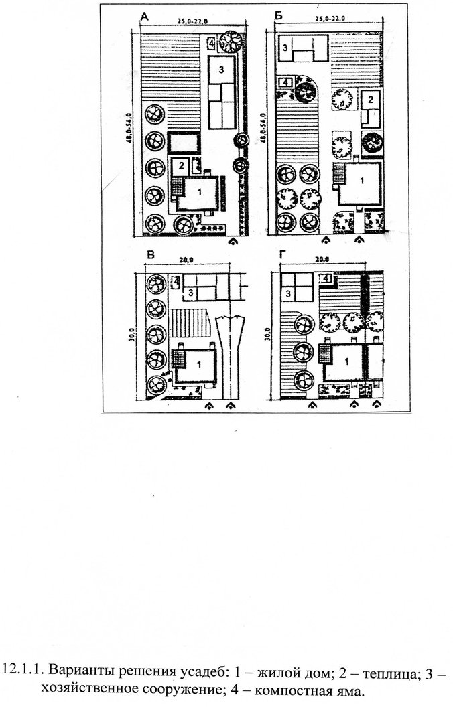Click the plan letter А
145,17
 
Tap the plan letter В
150,255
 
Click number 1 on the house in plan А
200,193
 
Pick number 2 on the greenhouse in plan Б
371,99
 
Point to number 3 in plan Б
285,47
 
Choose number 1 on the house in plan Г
347,362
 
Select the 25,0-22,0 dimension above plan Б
330,19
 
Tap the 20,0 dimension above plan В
186,260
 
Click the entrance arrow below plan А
234,241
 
